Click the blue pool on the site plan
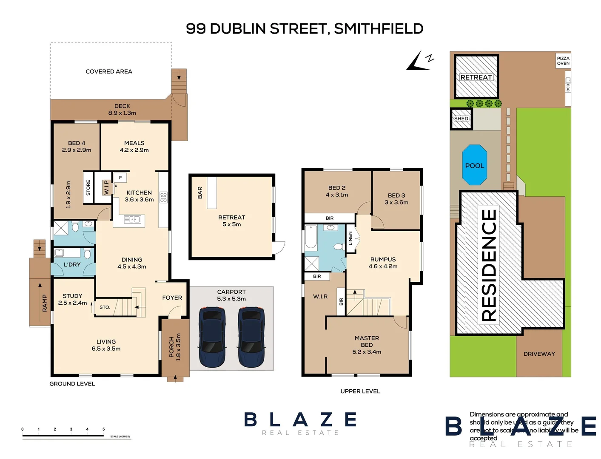(x=474, y=165)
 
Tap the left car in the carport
(x=212, y=337)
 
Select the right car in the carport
(x=251, y=337)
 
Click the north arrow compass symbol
(x=420, y=61)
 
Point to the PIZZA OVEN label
(x=563, y=61)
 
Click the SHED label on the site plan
(x=461, y=119)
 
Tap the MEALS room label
(x=134, y=143)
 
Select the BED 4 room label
(x=77, y=143)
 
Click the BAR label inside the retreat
(x=200, y=193)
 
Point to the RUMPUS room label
(x=383, y=259)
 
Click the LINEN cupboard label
(x=350, y=238)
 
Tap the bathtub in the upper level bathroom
(x=311, y=237)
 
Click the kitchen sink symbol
(x=132, y=219)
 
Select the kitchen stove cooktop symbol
(x=163, y=197)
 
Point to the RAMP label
(x=45, y=303)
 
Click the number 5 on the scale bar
(x=103, y=429)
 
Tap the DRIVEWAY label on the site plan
(x=539, y=354)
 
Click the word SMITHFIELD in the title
(x=379, y=29)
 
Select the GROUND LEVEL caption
(x=72, y=384)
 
